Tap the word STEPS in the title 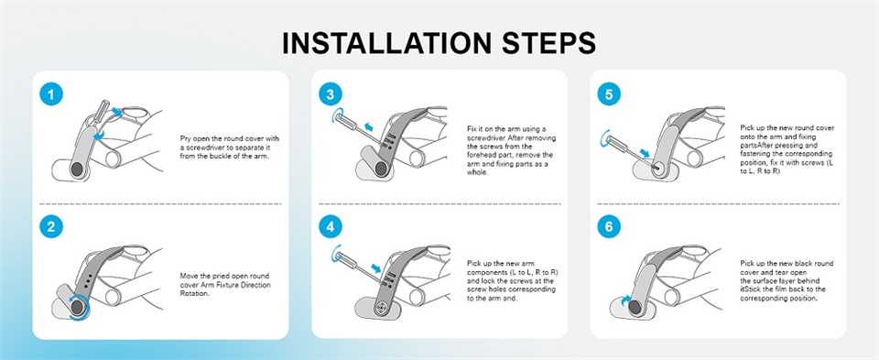coord(543,43)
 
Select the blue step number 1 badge coord(51,94)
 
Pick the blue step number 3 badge coord(331,94)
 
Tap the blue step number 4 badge coord(331,226)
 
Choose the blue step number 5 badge coord(609,94)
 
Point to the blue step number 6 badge coord(609,226)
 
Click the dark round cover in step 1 coord(76,170)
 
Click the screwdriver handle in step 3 coord(344,119)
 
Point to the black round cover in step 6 coord(636,307)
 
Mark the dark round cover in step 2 coord(77,307)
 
